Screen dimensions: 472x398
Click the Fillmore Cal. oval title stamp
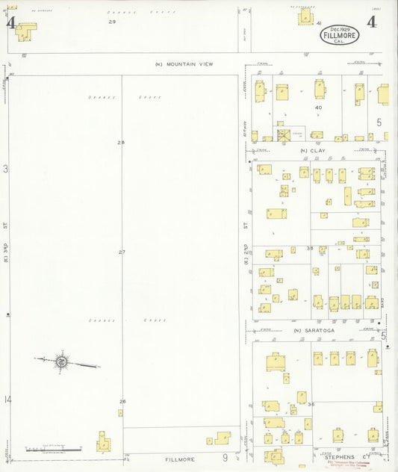[x=340, y=34]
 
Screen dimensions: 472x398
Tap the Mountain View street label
[x=184, y=64]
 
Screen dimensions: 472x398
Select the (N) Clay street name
[x=314, y=151]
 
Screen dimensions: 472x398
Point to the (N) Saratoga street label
[x=314, y=330]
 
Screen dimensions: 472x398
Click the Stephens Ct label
[x=347, y=456]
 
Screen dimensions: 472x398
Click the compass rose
[x=61, y=362]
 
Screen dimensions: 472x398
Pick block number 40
[x=318, y=108]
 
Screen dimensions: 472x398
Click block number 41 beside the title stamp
[x=319, y=24]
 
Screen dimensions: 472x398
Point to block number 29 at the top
[x=112, y=22]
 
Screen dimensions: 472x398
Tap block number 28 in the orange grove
[x=121, y=142]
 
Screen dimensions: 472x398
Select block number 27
[x=122, y=252]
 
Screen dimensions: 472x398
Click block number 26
[x=122, y=402]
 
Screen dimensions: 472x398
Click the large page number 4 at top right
[x=371, y=22]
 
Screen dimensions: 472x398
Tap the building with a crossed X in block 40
[x=284, y=134]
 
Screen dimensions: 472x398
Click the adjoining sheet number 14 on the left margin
[x=7, y=400]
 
